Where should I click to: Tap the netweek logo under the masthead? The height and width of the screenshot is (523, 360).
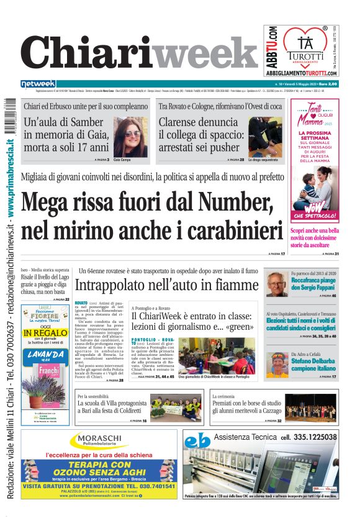(38, 84)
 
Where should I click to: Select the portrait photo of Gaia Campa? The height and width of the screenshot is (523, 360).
(130, 137)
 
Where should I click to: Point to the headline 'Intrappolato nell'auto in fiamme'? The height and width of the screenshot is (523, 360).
(166, 285)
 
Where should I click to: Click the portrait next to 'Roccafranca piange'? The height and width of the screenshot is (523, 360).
(277, 284)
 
